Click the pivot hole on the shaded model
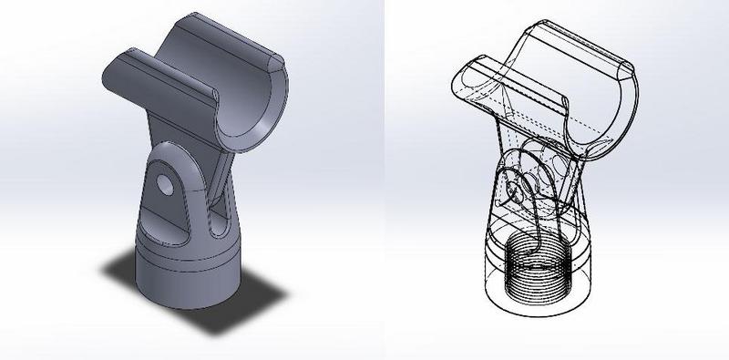(164, 184)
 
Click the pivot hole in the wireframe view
(517, 189)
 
